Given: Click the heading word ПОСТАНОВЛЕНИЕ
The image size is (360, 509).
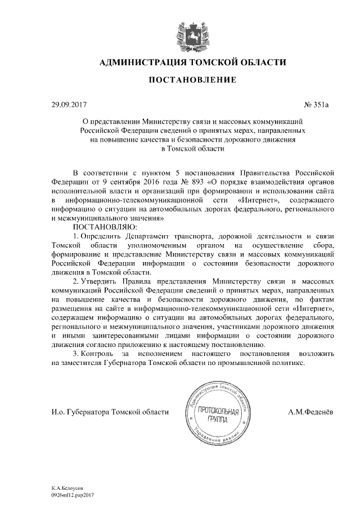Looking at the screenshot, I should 192,81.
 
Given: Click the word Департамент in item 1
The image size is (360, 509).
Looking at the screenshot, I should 151,236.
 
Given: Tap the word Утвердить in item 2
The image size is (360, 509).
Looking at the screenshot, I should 98,281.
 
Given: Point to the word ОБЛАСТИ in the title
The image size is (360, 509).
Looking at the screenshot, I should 264,61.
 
